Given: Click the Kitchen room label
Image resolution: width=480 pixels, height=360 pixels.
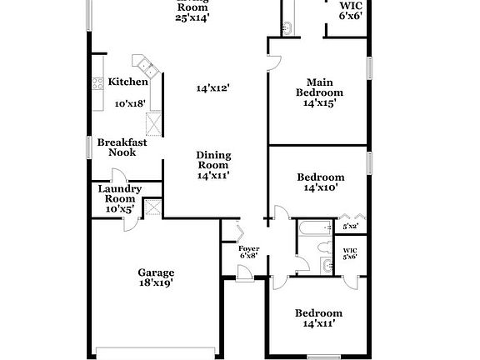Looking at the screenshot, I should point(127,82).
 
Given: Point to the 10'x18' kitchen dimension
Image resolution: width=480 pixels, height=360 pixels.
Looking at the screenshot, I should point(130,103).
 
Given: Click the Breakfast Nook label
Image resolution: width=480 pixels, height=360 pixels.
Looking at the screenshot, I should point(122,147).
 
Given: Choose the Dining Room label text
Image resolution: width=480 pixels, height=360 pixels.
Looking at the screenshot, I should point(213,160).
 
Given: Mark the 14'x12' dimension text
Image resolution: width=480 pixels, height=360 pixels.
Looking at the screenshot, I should point(212,87).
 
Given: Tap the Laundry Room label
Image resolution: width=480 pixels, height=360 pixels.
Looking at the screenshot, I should point(119,194).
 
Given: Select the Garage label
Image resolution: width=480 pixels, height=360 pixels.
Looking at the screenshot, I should point(156,272).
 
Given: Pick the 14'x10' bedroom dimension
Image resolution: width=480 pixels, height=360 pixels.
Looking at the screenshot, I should point(321,189).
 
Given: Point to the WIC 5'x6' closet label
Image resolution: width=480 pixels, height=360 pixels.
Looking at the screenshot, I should point(350,252).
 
